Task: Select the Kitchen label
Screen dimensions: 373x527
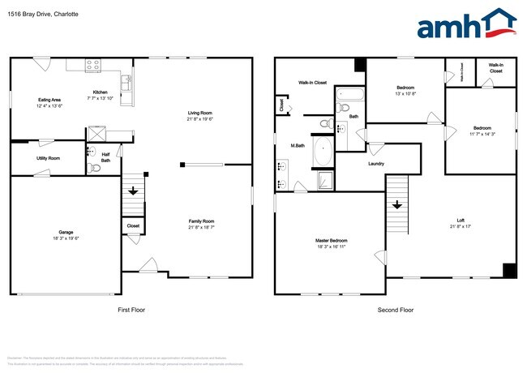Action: click(x=101, y=92)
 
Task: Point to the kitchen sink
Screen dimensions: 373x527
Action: click(x=125, y=81)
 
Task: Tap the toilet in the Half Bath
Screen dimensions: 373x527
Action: click(x=91, y=168)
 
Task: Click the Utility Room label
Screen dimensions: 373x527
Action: click(x=48, y=158)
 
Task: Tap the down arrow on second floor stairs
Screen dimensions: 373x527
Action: click(x=396, y=205)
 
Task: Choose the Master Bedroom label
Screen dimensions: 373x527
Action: click(x=331, y=241)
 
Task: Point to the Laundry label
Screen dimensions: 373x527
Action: click(x=375, y=164)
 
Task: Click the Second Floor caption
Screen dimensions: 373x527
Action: click(x=396, y=311)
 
